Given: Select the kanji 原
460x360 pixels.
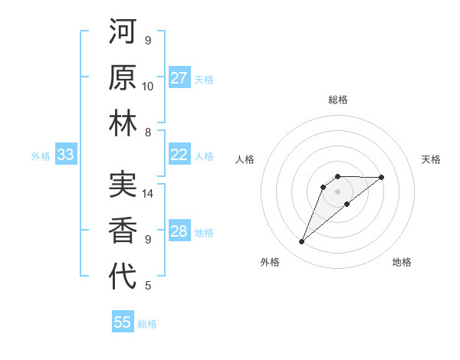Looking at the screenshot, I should point(123,78).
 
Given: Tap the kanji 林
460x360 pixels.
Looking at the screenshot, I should point(123,124).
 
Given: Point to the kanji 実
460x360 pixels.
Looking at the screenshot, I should point(123,185).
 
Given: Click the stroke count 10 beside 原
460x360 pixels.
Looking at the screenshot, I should point(148,87).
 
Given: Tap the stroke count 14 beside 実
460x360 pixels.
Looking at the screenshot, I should point(148,194).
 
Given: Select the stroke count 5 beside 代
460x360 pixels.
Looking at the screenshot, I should point(148,286).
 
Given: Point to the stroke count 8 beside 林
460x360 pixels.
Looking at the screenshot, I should point(148,133).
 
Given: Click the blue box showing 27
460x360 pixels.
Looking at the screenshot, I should point(179,78).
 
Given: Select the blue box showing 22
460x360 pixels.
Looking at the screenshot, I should point(179,155).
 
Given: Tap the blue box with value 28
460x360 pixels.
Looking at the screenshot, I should point(179,232).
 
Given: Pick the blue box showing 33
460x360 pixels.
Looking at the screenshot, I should point(65,155).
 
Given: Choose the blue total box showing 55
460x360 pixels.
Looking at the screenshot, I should point(123,322).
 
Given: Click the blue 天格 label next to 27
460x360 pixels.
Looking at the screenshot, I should point(204,79).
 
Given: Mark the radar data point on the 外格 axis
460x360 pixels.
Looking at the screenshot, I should point(302,242).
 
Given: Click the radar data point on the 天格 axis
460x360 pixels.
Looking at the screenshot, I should point(382,177).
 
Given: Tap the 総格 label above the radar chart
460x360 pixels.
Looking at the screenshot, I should point(338,100).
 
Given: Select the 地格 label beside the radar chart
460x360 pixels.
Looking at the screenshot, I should point(402,262).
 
